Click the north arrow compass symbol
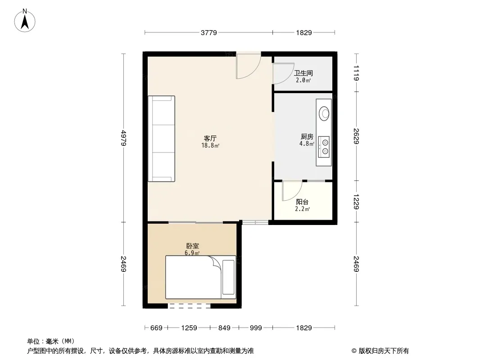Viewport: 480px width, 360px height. (25, 21)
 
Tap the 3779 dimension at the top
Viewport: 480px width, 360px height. (209, 32)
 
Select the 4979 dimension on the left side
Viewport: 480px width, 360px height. (123, 138)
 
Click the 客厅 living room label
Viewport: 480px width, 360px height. (210, 138)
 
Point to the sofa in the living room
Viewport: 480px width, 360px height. (161, 139)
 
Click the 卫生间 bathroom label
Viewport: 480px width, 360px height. (303, 73)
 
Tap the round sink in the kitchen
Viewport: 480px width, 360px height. (324, 113)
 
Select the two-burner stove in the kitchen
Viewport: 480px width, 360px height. (324, 147)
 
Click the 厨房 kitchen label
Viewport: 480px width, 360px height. (307, 136)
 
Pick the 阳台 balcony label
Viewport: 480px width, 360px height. (302, 202)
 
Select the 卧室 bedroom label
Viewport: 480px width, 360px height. (193, 246)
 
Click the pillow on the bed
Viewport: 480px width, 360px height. (228, 277)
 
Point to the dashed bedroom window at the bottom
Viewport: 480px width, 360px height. (189, 306)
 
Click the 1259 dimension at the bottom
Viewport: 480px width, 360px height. (189, 328)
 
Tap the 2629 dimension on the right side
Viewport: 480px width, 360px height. (356, 136)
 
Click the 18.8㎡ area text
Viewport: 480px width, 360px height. (210, 146)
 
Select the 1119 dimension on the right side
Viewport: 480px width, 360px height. (356, 73)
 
